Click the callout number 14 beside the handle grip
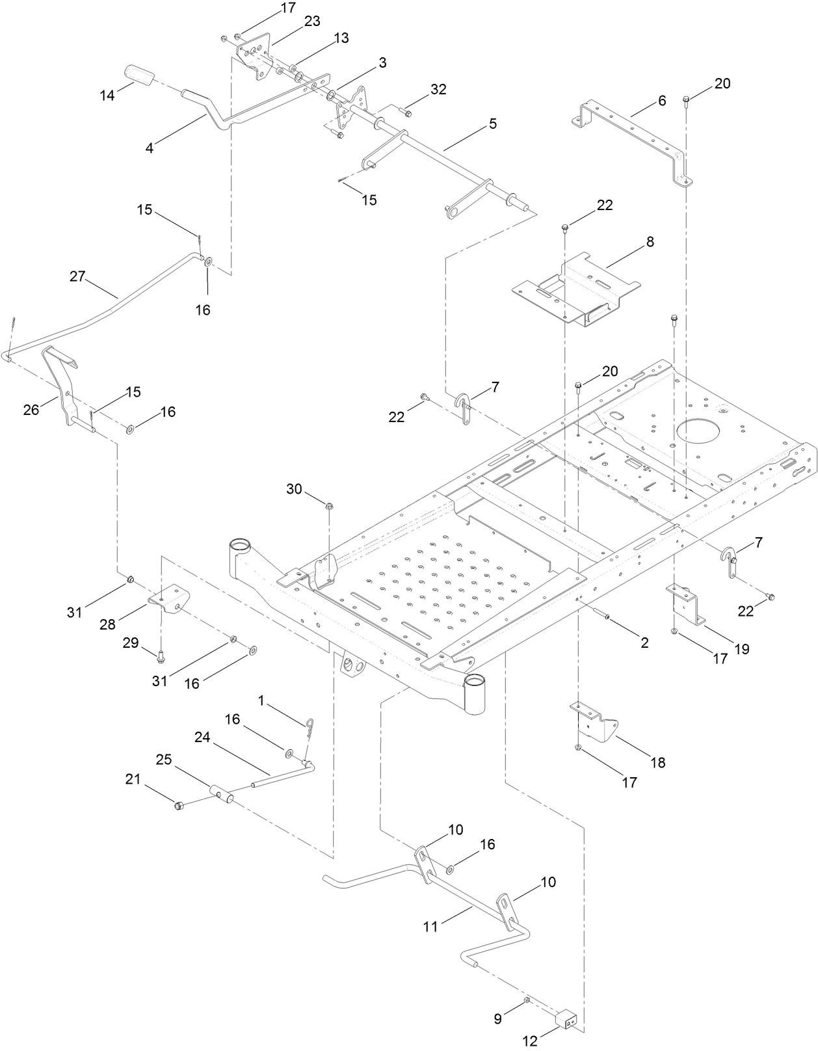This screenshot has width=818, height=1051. (107, 96)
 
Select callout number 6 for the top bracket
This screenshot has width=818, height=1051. (662, 100)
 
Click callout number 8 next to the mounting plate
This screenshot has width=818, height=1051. (650, 242)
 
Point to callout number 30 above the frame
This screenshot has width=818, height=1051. (294, 488)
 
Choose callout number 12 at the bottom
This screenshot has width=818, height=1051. (531, 1041)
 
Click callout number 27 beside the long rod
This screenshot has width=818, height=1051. (77, 276)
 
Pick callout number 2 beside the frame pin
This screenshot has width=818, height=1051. (644, 643)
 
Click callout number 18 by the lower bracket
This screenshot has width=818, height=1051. (658, 762)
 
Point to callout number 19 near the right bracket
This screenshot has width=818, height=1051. (742, 648)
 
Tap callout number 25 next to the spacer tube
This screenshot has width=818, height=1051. (165, 760)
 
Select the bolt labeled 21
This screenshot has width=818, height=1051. (178, 806)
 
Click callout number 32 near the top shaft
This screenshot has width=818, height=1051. (438, 90)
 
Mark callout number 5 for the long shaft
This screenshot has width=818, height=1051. (493, 124)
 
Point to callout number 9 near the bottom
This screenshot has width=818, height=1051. (498, 1019)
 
